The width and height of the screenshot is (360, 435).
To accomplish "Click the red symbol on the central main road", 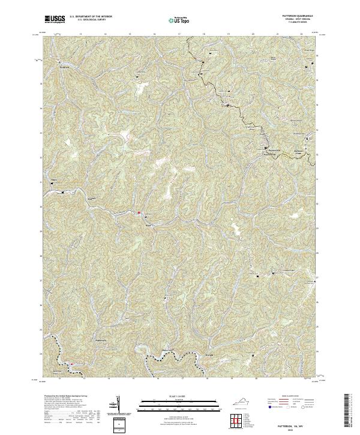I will [139, 212].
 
